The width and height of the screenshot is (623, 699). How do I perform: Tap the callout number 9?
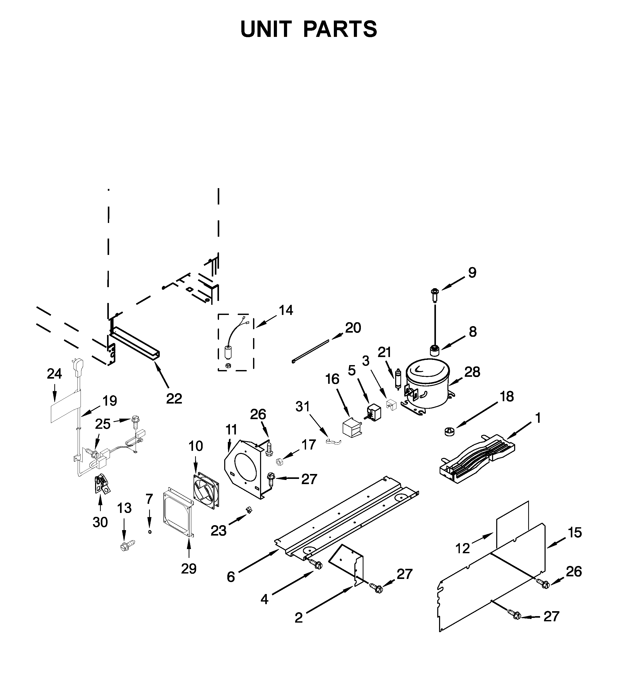472,273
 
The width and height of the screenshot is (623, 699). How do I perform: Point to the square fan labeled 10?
207,490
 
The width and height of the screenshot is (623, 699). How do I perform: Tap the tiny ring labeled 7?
150,532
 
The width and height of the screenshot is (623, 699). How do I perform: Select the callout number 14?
286,311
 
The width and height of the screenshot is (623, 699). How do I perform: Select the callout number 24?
54,374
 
